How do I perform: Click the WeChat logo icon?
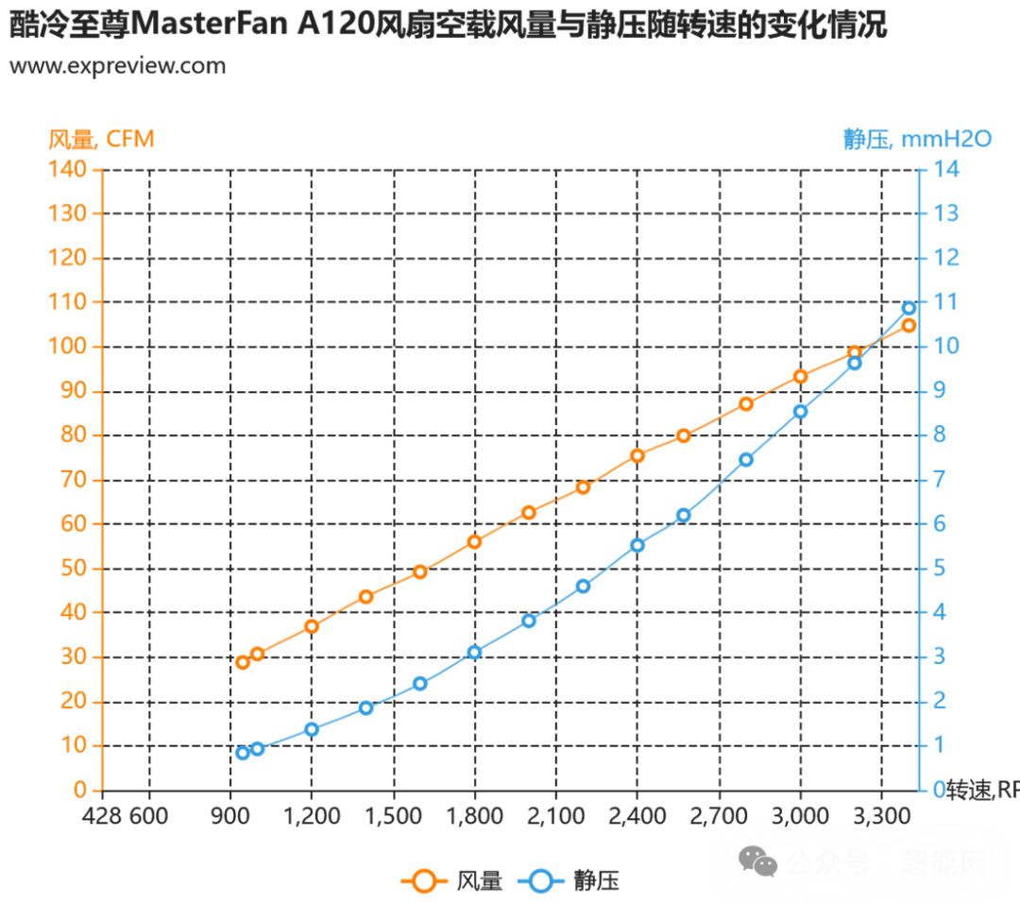758,860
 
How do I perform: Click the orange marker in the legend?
424,881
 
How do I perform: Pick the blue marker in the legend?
540,881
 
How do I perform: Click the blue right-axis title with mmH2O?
916,140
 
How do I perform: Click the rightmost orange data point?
909,325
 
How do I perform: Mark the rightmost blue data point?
909,307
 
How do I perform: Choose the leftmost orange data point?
243,661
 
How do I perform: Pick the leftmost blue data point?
243,753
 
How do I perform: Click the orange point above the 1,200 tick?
313,625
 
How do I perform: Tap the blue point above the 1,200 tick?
313,728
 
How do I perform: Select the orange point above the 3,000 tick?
801,376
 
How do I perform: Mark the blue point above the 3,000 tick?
801,411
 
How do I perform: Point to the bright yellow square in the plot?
614,502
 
